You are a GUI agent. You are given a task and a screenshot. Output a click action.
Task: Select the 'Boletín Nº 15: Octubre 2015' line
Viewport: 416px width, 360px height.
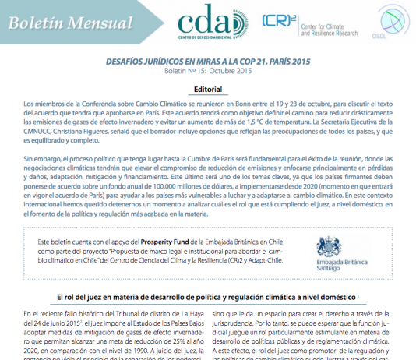(x=207, y=72)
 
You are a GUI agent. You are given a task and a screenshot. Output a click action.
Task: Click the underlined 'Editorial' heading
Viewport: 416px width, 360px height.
(x=207, y=90)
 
